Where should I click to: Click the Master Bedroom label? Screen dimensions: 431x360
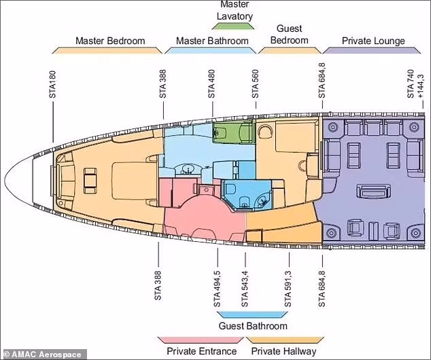(110, 41)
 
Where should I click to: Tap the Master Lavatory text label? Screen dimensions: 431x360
(235, 10)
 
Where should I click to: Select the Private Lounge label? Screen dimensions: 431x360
(373, 41)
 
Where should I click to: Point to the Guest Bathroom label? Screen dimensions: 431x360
(253, 326)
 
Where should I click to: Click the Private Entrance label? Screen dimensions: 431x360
(202, 351)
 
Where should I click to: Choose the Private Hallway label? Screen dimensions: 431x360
(283, 351)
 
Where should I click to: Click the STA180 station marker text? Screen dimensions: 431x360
(52, 84)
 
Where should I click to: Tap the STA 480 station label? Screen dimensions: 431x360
(211, 84)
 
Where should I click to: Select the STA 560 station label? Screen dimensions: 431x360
(256, 84)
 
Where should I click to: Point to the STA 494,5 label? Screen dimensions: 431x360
(217, 289)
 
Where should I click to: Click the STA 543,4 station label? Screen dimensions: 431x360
(244, 289)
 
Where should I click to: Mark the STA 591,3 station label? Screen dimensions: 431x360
(288, 289)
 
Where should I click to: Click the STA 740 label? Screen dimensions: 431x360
(411, 84)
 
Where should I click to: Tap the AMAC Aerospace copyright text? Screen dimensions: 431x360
(43, 355)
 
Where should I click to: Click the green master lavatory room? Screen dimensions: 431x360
(234, 132)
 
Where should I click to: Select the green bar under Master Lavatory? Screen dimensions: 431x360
(233, 26)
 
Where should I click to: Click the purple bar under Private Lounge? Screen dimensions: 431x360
(372, 50)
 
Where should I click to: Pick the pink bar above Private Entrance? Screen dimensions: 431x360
(201, 340)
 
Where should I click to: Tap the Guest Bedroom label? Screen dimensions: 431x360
(290, 35)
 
